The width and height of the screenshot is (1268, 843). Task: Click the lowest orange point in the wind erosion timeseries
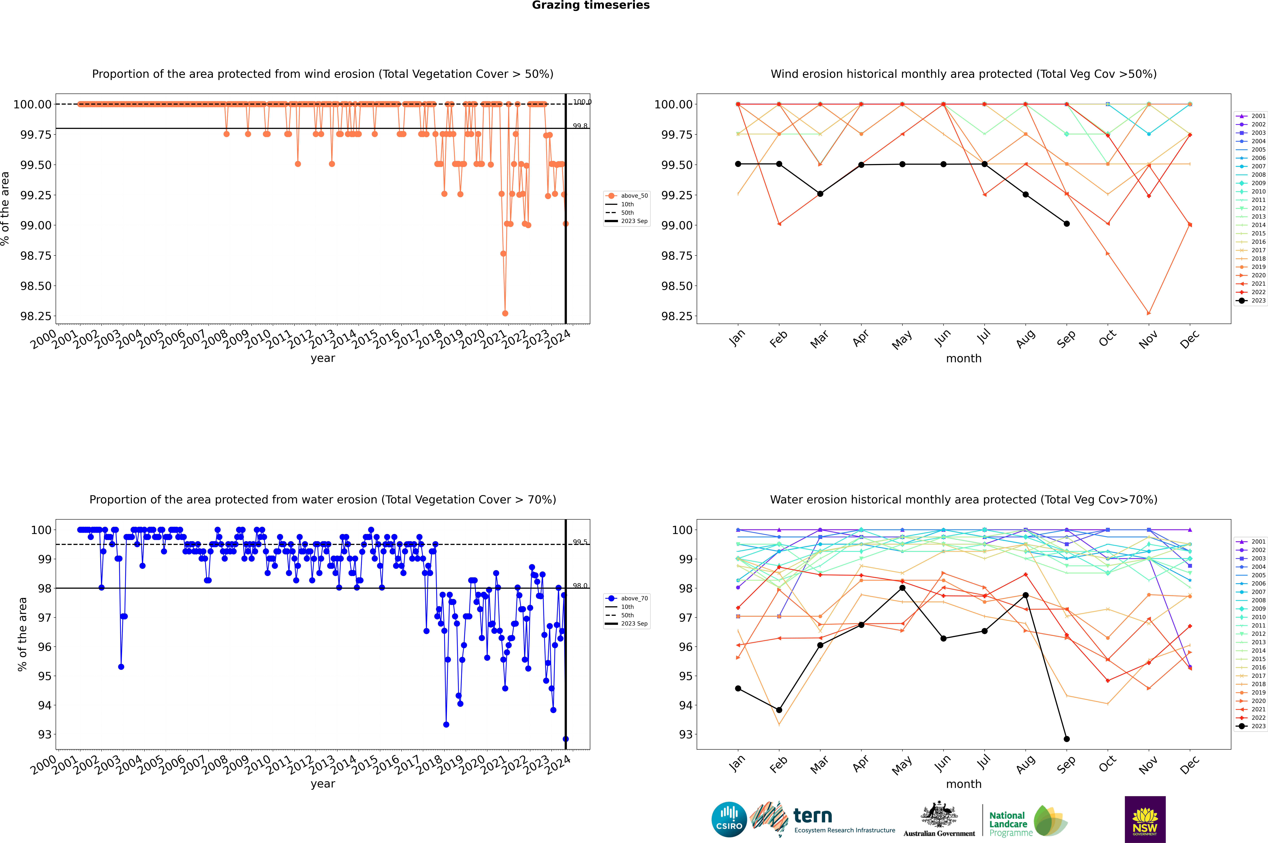click(x=505, y=313)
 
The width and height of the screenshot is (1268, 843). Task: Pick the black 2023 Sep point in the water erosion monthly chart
click(x=1066, y=739)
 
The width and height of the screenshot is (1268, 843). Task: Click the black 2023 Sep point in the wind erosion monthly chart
click(x=1066, y=224)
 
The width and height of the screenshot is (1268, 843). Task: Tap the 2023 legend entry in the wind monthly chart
click(x=1251, y=300)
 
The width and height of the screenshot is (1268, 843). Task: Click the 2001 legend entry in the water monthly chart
click(x=1251, y=541)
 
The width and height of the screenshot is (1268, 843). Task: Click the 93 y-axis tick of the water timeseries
click(x=44, y=734)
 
